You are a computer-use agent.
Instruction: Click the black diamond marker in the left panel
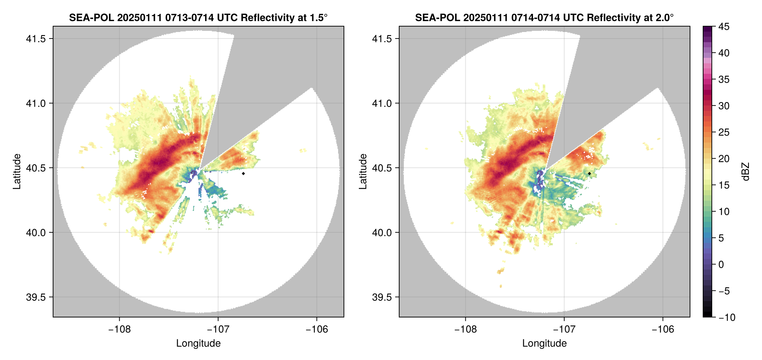243,173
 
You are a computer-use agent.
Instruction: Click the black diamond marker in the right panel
589,173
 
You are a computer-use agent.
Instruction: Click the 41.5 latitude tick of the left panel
36,39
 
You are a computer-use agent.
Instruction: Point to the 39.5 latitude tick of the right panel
382,297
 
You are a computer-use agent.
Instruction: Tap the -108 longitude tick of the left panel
119,329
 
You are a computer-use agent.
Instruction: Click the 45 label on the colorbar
724,27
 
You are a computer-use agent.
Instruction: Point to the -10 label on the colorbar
727,317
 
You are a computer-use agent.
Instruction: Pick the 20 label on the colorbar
724,159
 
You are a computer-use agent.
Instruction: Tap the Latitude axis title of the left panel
17,172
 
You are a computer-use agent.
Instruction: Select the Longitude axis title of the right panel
544,343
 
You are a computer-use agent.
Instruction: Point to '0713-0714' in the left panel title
189,17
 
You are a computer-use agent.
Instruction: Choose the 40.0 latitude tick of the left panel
36,232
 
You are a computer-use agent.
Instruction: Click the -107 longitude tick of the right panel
564,329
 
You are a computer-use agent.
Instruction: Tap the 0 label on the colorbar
721,265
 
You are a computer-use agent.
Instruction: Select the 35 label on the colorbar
724,80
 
